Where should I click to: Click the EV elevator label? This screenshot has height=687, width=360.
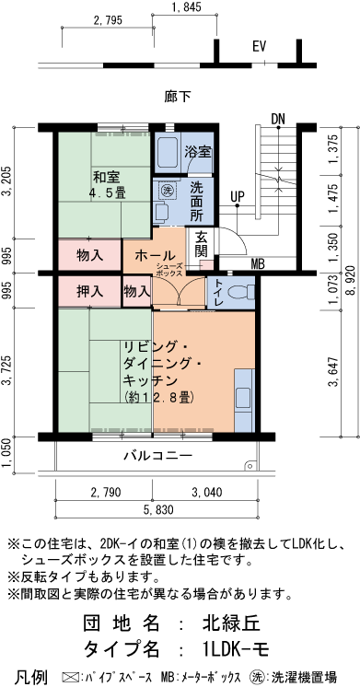coord(260,46)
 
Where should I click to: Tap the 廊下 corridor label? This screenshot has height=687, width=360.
coord(178,95)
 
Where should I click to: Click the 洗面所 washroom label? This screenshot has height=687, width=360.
coord(197,201)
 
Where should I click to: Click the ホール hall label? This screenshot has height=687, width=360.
coord(155,254)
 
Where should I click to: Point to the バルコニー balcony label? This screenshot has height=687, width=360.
coord(157,456)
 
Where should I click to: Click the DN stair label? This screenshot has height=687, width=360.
coord(278,118)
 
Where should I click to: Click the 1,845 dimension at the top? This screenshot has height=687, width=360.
coord(186,8)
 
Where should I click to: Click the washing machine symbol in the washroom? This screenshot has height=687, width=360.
coord(168,190)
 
